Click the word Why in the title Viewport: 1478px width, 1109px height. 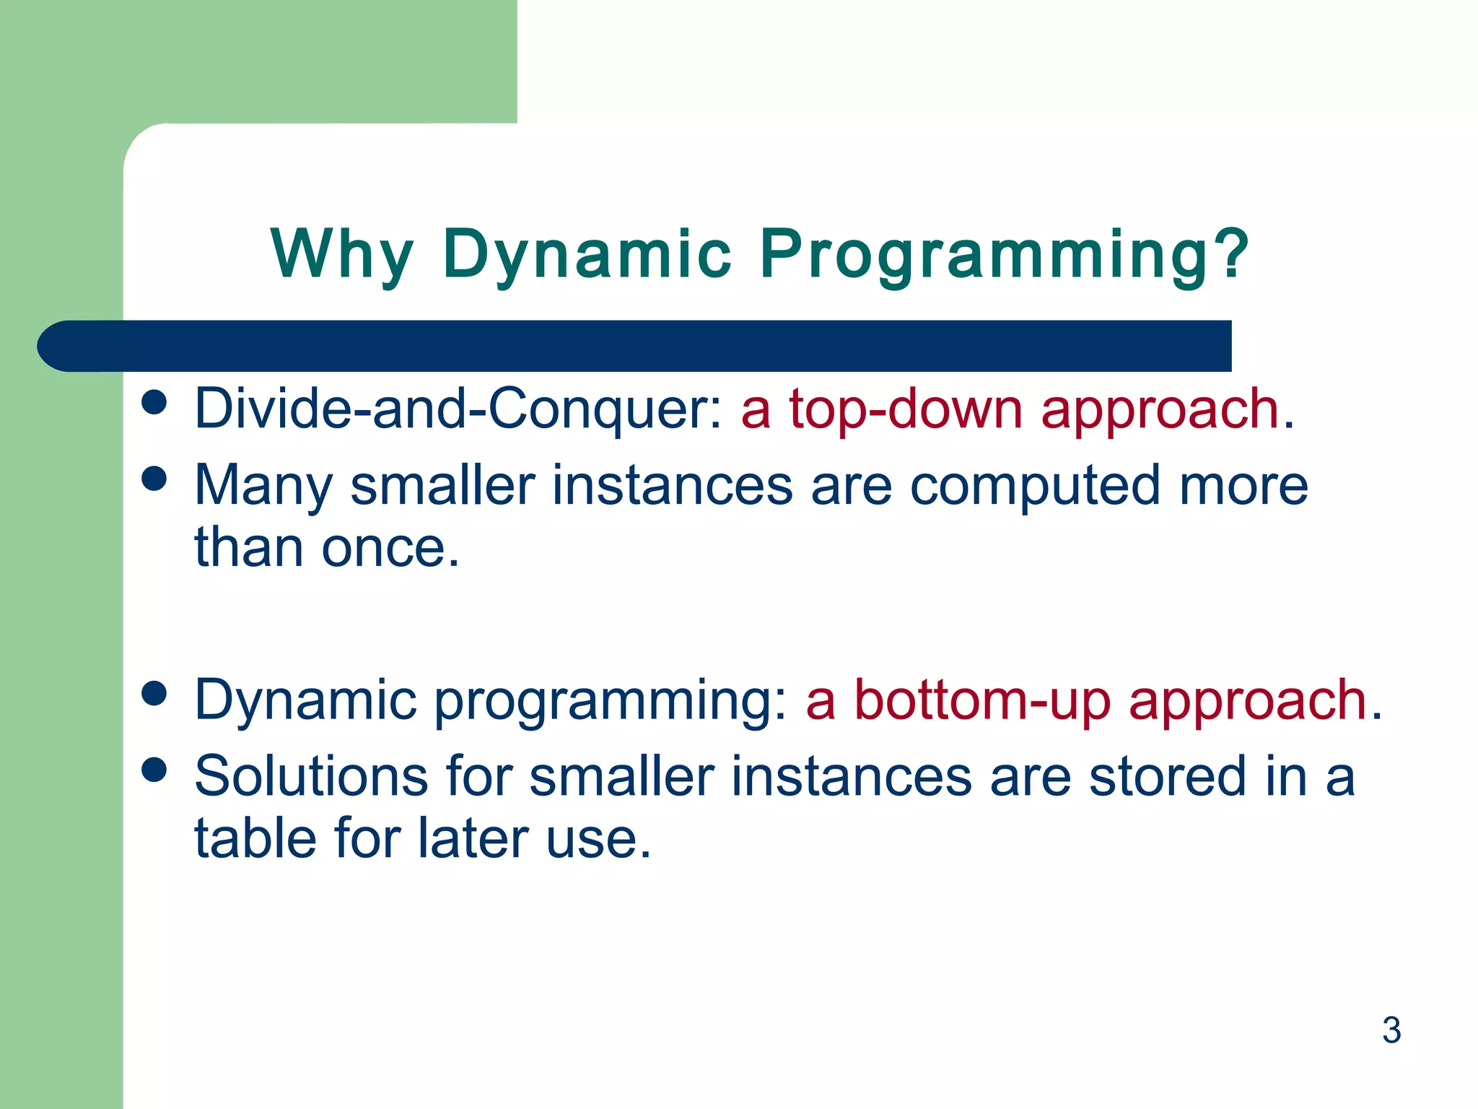(x=342, y=254)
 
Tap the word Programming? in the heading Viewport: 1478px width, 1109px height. (x=1005, y=254)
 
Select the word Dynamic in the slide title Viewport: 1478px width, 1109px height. (x=587, y=254)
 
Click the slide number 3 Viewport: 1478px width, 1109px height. (x=1391, y=1030)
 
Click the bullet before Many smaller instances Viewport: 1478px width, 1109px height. (x=154, y=478)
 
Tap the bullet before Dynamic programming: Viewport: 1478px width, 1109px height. (x=154, y=694)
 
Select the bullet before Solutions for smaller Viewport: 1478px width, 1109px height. (x=154, y=770)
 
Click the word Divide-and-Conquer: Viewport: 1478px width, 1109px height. (x=458, y=409)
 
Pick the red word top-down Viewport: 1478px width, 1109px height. (x=906, y=409)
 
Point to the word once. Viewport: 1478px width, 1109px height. (x=390, y=548)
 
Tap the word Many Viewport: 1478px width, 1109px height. (x=263, y=485)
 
